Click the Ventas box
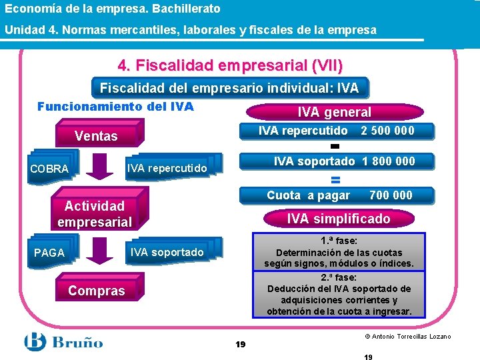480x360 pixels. (96, 136)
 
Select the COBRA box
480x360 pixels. (49, 169)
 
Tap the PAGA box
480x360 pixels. (49, 253)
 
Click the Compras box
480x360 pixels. (96, 291)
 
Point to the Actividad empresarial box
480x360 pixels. (95, 214)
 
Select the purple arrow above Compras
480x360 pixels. (100, 251)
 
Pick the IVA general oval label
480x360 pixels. (334, 113)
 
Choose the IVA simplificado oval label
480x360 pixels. (339, 219)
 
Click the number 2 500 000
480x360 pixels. (387, 131)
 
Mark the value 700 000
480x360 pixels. (391, 195)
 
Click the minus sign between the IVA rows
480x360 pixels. (335, 146)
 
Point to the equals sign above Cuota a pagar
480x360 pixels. (336, 179)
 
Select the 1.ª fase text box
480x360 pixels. (339, 252)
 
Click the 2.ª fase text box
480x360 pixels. (339, 294)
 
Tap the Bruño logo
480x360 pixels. (64, 342)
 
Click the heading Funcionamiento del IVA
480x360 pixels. (115, 107)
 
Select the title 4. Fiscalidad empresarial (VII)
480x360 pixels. (230, 66)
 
